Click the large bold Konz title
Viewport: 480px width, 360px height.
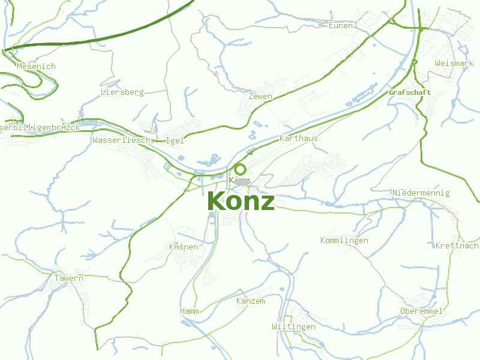tap(241, 202)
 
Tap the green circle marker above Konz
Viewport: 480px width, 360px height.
tap(240, 169)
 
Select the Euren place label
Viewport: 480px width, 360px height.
tap(340, 25)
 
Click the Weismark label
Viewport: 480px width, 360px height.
tap(454, 63)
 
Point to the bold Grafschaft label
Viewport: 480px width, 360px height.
tap(410, 92)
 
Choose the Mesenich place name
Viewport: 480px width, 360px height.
tap(36, 66)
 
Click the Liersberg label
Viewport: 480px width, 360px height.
tap(122, 92)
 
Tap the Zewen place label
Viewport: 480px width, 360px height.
tap(260, 97)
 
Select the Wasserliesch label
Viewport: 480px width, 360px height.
tap(123, 140)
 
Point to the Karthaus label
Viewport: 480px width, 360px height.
tap(298, 138)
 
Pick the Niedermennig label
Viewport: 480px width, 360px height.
tap(421, 193)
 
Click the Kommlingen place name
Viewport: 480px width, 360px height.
tap(344, 241)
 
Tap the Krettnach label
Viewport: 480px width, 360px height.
tap(457, 246)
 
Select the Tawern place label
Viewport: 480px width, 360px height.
tap(68, 278)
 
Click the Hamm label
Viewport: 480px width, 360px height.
tap(189, 311)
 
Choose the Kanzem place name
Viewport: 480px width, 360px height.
tap(250, 301)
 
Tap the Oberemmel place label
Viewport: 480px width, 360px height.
tap(421, 311)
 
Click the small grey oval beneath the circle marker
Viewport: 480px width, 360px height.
tap(242, 181)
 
